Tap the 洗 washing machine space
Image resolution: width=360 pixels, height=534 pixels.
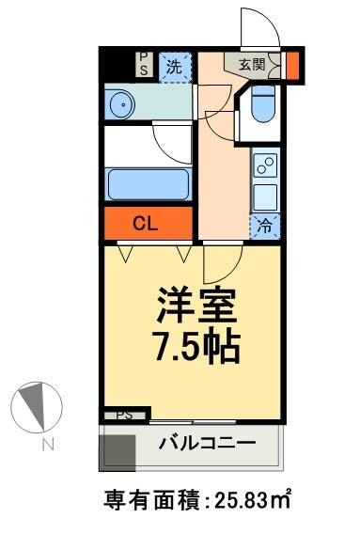click(173, 66)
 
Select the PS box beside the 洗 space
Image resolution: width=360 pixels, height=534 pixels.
click(144, 64)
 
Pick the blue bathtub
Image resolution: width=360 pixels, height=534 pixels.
click(149, 183)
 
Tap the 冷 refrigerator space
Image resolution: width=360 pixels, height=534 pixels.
click(266, 226)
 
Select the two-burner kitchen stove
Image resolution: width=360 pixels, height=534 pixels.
click(266, 168)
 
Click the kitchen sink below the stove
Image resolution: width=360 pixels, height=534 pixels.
click(266, 197)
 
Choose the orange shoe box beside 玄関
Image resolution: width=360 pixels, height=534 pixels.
click(292, 66)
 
